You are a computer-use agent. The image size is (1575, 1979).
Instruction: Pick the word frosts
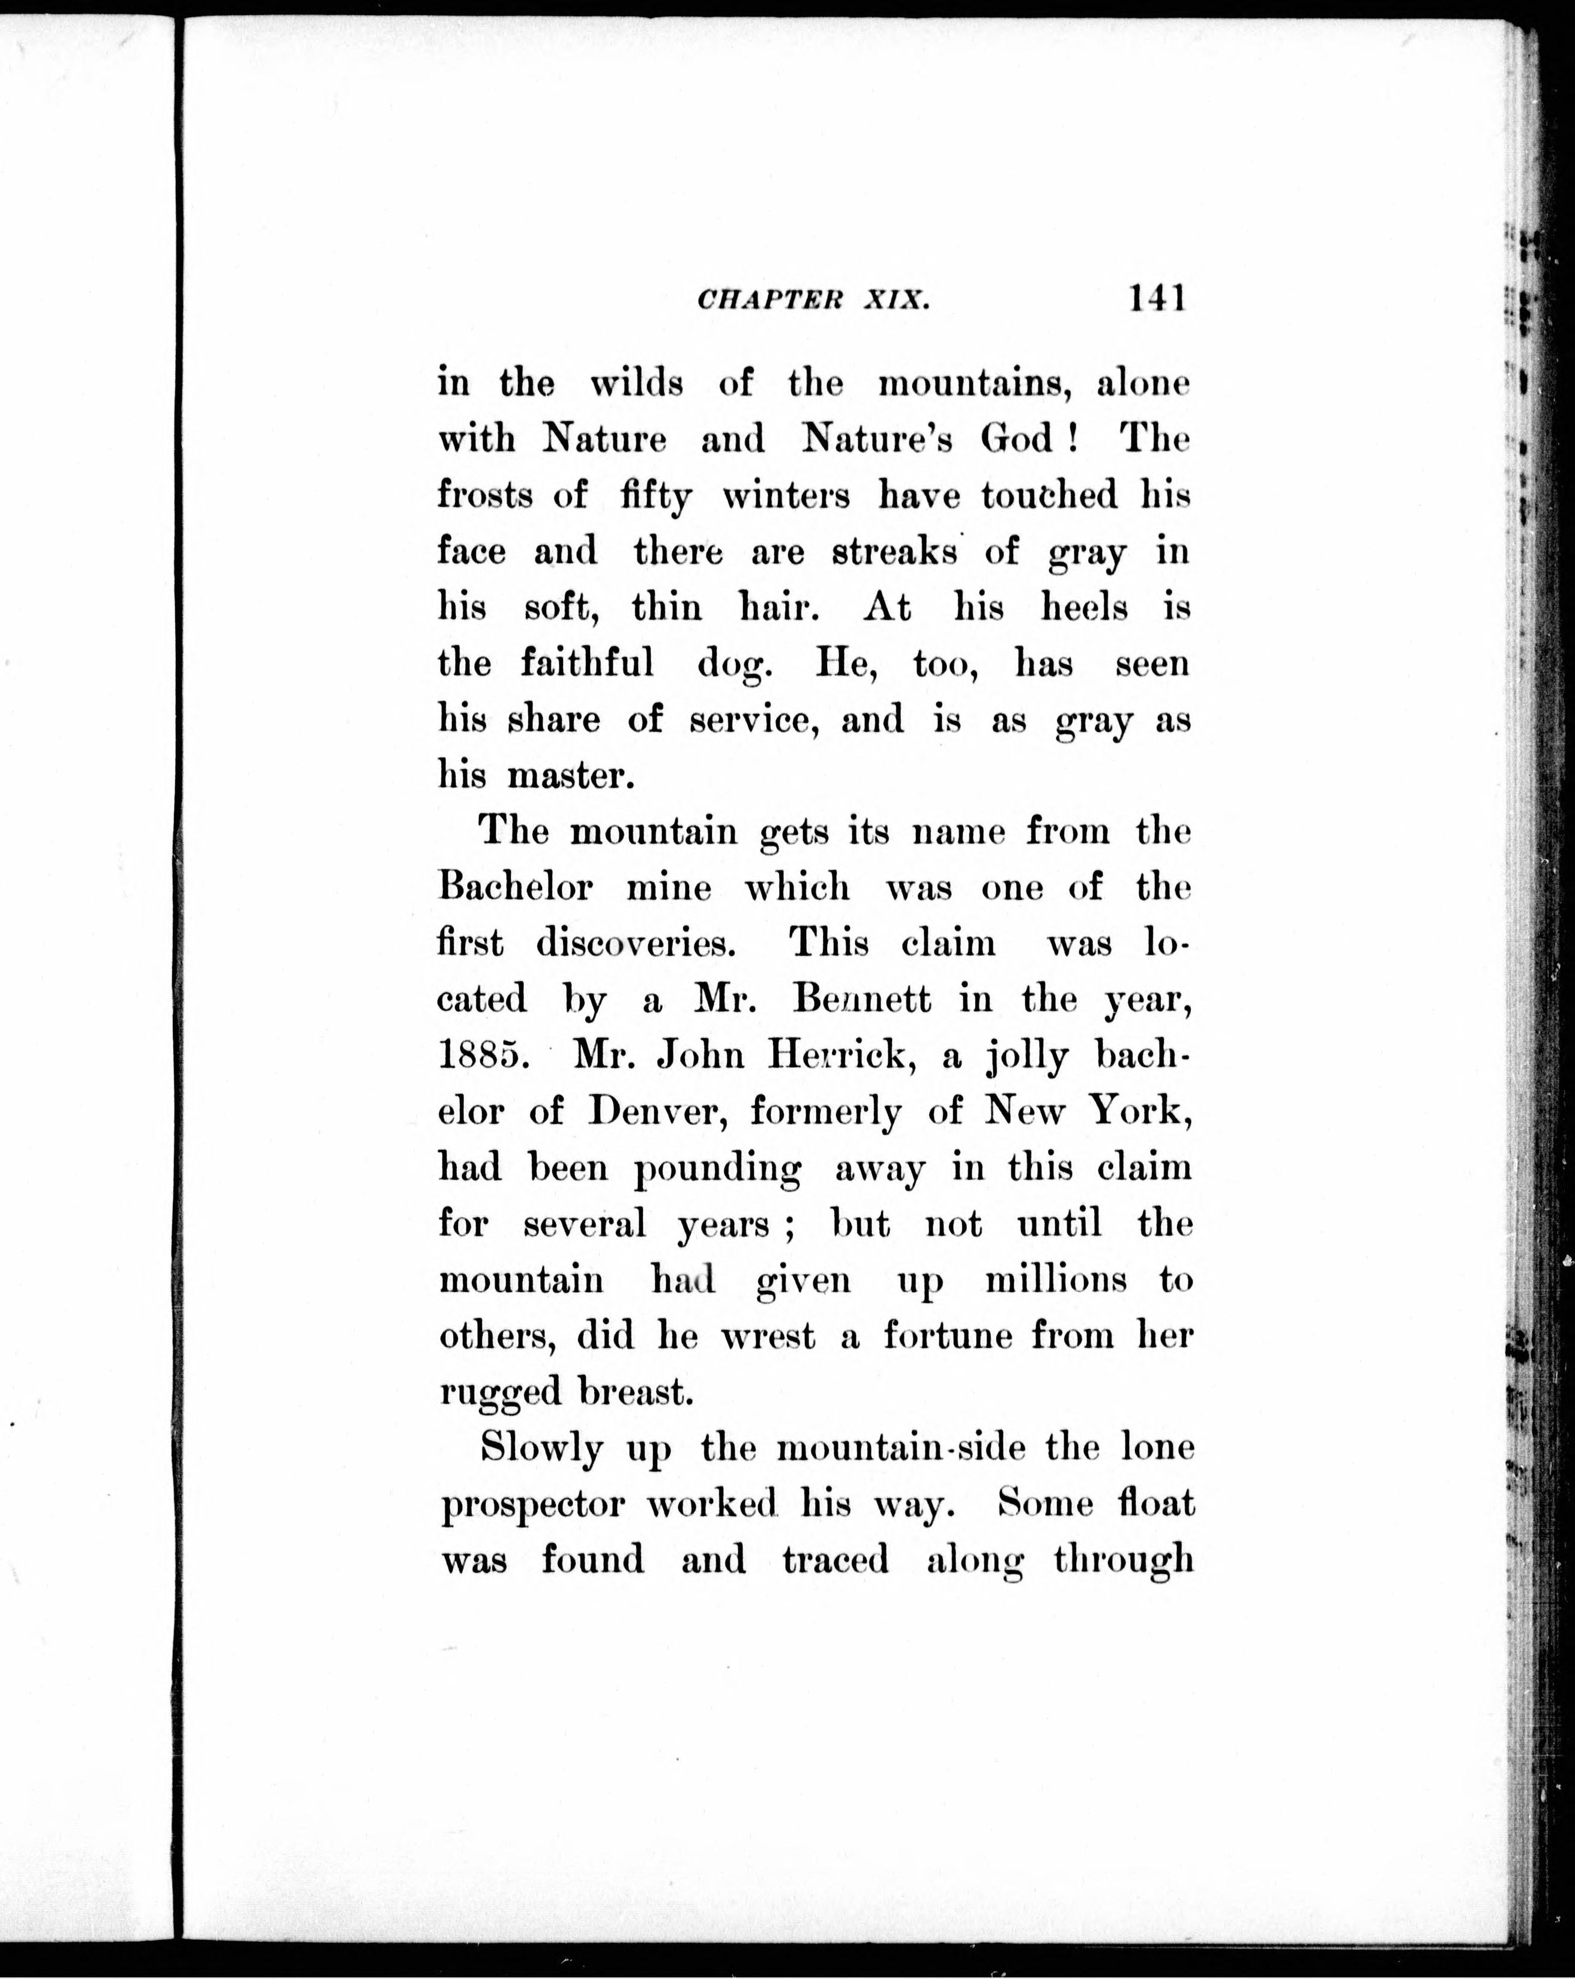tap(484, 496)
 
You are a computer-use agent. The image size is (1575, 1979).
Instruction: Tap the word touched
tap(1049, 496)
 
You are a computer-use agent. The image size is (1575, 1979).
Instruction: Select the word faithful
tap(588, 663)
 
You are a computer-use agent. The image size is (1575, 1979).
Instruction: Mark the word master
tap(571, 776)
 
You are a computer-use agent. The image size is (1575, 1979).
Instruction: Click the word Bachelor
tap(515, 887)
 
